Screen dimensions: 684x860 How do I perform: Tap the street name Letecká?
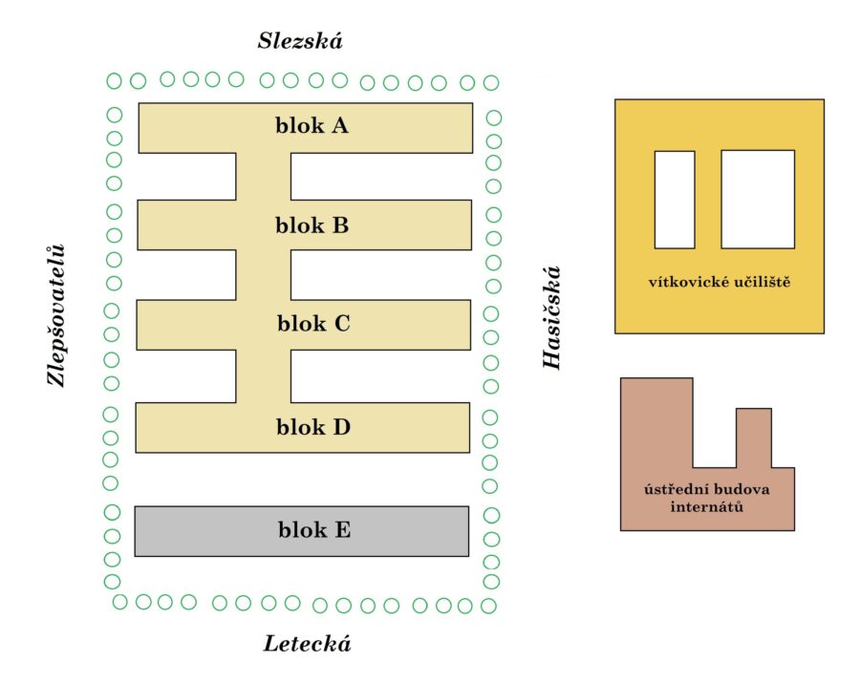tap(308, 644)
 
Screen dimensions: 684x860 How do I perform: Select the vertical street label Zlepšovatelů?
tap(58, 314)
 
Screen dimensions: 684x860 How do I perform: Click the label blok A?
tap(312, 125)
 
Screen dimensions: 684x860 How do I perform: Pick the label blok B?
tap(312, 225)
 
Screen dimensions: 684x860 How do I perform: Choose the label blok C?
tap(313, 324)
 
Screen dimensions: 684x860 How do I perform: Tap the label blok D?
tap(313, 426)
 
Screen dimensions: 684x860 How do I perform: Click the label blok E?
tap(314, 529)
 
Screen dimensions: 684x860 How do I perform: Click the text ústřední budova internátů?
tap(708, 498)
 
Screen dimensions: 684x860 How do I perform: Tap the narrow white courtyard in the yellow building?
tap(675, 199)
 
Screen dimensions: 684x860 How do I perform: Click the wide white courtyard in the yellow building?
tap(758, 199)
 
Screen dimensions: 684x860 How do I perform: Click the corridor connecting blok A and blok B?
tap(264, 176)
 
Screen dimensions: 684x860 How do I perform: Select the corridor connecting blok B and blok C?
tap(264, 275)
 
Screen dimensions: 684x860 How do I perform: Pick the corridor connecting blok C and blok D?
tap(264, 375)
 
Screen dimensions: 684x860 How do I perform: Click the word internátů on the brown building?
tap(708, 506)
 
